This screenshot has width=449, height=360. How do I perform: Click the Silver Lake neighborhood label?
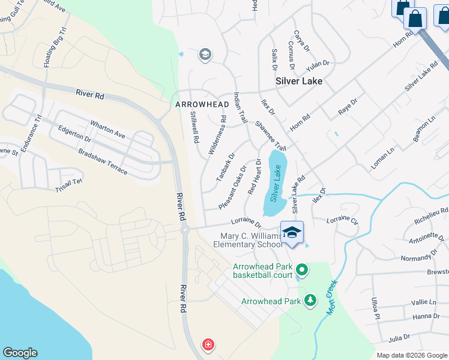(x=298, y=80)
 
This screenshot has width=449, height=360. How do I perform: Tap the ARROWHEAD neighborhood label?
(x=202, y=104)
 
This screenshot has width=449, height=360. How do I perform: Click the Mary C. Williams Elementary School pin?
(x=292, y=233)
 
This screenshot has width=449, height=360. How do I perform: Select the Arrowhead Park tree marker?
(x=310, y=299)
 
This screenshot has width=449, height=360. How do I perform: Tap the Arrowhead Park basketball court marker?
(x=302, y=271)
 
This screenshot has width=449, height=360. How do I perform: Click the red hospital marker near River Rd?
(x=208, y=345)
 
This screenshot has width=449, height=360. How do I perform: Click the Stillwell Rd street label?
(x=194, y=127)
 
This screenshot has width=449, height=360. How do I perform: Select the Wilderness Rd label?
(x=217, y=135)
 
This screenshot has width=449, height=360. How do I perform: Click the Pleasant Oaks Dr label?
(x=233, y=188)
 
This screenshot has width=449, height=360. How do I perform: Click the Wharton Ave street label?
(x=107, y=130)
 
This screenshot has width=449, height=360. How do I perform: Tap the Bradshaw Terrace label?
(x=103, y=162)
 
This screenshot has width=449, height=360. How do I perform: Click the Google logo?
(x=20, y=353)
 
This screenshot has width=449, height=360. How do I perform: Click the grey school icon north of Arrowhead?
(x=205, y=55)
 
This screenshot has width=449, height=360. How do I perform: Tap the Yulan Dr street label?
(x=318, y=64)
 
